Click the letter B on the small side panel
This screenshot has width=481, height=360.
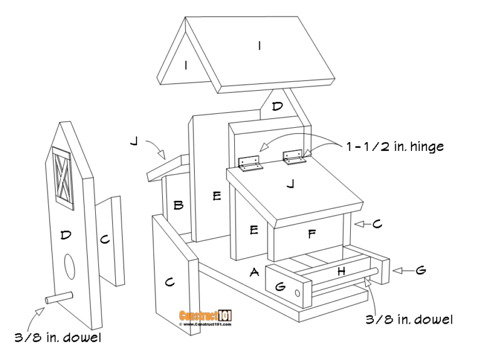point(178,205)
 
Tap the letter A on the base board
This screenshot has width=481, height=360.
point(254,272)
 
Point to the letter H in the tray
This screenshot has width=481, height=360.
point(341,271)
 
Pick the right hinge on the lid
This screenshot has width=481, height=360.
point(294,157)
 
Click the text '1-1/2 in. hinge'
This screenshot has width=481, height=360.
point(395,147)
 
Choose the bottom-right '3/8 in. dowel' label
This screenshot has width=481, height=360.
point(408,319)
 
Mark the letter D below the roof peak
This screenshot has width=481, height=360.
point(277,106)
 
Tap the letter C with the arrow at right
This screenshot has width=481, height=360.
point(377,223)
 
